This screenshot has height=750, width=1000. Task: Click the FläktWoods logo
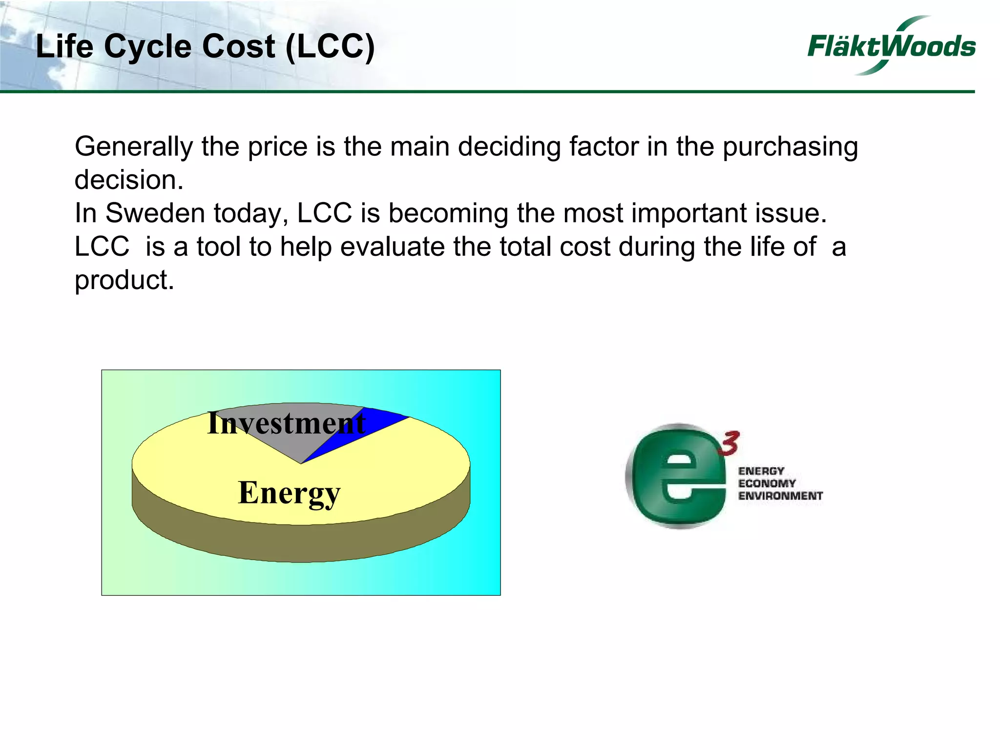(891, 46)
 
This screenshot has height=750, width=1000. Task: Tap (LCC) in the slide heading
(330, 47)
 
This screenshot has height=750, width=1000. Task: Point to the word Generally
(133, 147)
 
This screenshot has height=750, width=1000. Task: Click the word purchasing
(790, 147)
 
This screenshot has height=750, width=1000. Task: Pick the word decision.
(128, 180)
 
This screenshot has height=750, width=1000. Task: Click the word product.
(124, 280)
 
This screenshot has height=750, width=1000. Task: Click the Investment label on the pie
(286, 423)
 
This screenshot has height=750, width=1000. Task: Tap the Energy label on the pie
(289, 493)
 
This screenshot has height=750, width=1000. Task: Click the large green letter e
(676, 477)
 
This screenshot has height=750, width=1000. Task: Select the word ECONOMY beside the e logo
(767, 483)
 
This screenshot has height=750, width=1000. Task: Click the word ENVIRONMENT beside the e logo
(780, 496)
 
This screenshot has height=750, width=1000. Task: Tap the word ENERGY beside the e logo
(761, 471)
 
